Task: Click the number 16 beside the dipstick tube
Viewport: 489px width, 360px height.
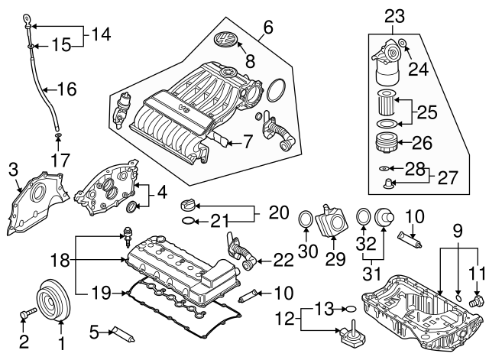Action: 67,89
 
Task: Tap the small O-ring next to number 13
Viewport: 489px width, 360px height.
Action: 349,309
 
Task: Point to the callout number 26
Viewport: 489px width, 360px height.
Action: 422,142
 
